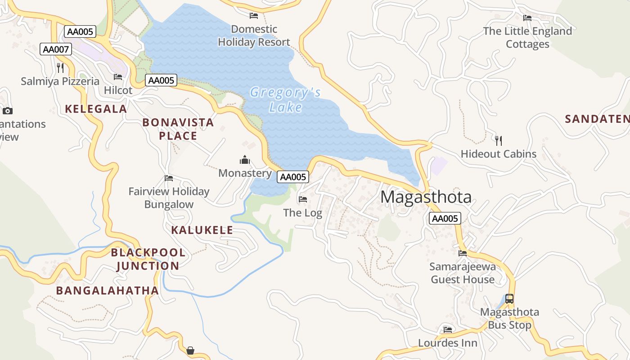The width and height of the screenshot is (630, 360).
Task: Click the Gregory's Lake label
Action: pos(285,99)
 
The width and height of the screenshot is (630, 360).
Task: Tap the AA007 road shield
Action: pos(56,49)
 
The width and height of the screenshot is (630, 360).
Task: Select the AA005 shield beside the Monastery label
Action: pos(293,177)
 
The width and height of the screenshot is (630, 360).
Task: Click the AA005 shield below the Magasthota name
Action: pos(445,219)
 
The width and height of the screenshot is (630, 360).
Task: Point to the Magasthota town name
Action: pos(426,197)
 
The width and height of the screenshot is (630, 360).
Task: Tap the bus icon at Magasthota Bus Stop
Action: pos(509,298)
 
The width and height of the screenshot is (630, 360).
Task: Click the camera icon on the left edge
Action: pos(8,111)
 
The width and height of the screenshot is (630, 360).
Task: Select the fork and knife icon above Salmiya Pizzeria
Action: pos(60,67)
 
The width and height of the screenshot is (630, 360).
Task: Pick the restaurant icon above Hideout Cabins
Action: pos(498,140)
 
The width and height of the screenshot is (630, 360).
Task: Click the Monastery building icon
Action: pos(245,160)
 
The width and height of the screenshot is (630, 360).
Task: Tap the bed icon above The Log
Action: pos(303,199)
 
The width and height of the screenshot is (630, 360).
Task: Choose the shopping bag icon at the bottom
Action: pos(190,350)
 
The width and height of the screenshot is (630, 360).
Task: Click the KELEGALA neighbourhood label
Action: pos(96,108)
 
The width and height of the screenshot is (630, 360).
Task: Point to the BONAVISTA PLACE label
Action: pos(178,129)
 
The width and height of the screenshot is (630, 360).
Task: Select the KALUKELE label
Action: pos(202,230)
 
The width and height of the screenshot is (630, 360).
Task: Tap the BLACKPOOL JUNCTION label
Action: pos(148,259)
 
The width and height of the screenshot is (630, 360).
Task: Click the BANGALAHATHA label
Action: pos(107,290)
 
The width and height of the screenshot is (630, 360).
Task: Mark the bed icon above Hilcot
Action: pos(118,77)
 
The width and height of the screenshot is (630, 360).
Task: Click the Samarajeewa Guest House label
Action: pos(463,273)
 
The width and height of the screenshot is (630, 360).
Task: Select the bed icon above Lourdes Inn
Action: pos(447,329)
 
